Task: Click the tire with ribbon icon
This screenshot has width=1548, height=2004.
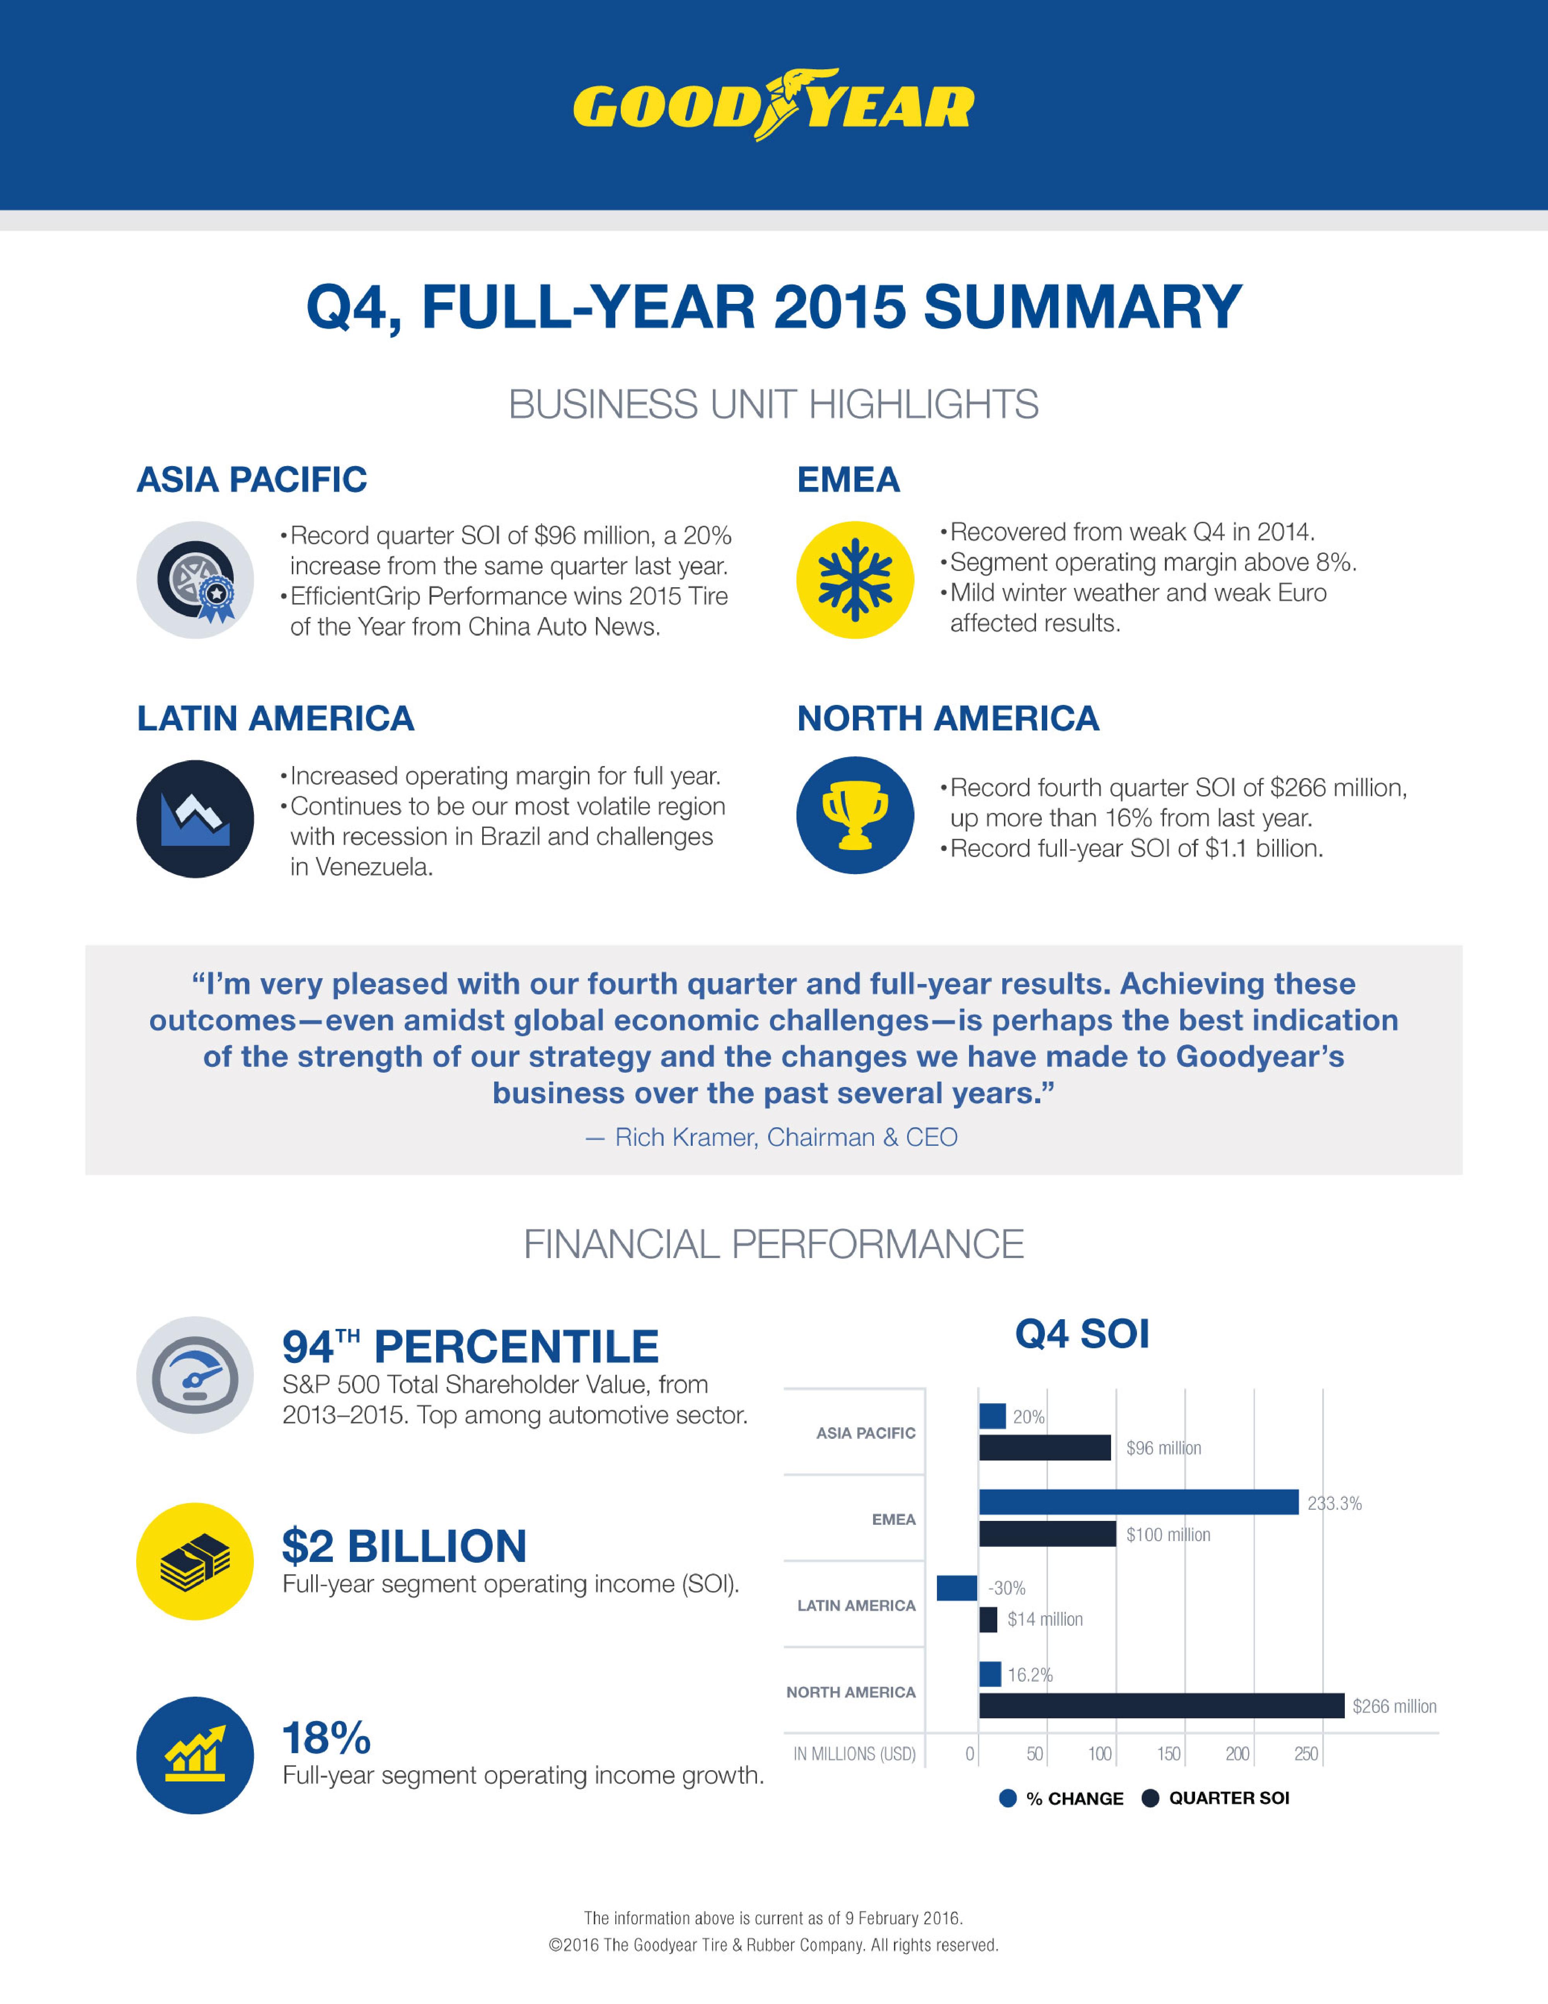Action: click(195, 580)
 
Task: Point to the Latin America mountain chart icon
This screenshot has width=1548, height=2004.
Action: click(195, 818)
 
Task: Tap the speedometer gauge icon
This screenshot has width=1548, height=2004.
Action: click(195, 1375)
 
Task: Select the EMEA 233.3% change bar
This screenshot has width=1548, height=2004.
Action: click(1138, 1502)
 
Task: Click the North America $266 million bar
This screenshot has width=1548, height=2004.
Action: click(1161, 1706)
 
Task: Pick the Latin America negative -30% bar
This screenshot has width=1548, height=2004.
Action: click(956, 1587)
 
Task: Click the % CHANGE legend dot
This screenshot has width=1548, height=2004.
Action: click(1007, 1798)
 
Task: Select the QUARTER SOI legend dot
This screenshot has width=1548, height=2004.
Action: click(1150, 1798)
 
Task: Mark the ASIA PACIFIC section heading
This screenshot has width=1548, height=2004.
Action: click(252, 480)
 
